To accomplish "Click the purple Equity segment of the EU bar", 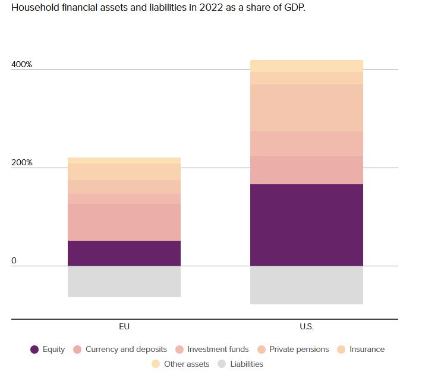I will [124, 253].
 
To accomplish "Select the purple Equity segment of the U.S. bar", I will [306, 225].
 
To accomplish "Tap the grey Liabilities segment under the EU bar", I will [124, 281].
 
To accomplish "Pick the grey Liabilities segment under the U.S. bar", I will [306, 285].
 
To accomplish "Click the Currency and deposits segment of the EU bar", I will [124, 222].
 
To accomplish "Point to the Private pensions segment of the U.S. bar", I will [306, 108].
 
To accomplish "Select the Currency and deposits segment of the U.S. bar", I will [306, 170].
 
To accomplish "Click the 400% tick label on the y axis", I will [21, 64].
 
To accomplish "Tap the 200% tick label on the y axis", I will [21, 162].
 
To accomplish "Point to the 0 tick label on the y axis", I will [14, 260].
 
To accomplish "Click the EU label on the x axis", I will [124, 327].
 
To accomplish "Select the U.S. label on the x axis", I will [306, 327].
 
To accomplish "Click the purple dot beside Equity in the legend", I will [34, 350].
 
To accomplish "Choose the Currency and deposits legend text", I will [126, 350].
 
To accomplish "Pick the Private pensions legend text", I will [299, 350].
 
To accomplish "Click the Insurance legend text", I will [367, 350].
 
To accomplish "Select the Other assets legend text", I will [187, 364].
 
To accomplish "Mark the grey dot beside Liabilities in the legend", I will [222, 364].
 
